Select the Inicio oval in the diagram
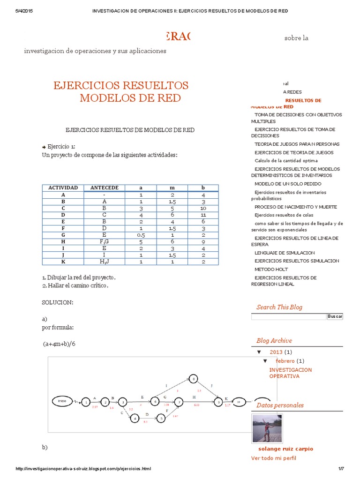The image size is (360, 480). click(62, 401)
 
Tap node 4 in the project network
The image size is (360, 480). click(135, 418)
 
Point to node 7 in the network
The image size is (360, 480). click(178, 402)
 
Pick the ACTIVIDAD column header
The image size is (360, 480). click(63, 188)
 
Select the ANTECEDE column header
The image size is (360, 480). click(105, 188)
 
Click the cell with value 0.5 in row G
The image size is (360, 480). click(141, 235)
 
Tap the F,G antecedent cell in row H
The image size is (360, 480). click(105, 241)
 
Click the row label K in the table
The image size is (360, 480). click(63, 262)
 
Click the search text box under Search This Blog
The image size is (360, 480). click(288, 317)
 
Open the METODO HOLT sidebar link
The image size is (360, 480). click(271, 270)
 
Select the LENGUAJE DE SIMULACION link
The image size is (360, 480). click(285, 253)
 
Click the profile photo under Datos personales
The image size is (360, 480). click(267, 428)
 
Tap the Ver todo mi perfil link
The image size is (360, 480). click(274, 458)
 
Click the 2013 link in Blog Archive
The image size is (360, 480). click(276, 352)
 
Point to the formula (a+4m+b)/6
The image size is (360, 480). click(59, 344)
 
